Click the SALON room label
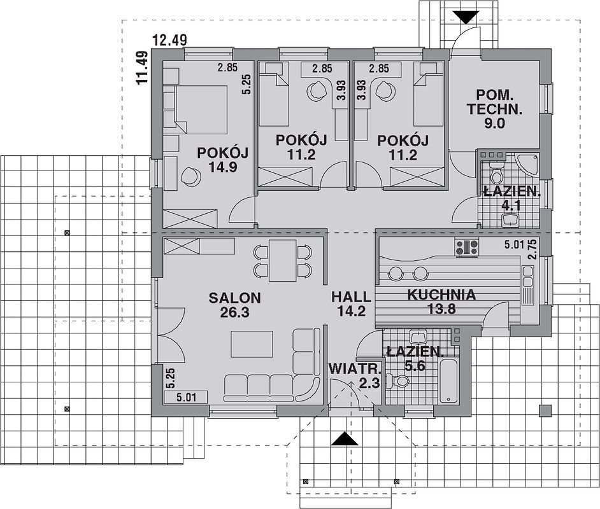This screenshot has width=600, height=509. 234,298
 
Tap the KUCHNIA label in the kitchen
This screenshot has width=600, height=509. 441,295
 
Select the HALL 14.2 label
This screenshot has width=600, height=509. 352,303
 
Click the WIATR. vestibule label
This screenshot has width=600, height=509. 355,369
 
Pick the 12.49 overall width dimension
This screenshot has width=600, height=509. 169,39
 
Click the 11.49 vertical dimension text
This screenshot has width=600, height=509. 142,67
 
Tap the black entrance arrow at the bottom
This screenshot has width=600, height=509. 345,438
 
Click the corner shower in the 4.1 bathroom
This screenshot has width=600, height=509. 527,164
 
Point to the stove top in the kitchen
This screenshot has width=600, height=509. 466,247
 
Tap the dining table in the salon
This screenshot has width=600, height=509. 282,261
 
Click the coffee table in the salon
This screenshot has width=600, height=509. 252,344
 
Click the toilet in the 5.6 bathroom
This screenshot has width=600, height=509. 398,381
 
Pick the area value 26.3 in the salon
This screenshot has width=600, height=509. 234,312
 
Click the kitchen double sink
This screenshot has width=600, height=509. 527,277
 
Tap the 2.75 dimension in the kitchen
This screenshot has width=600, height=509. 532,249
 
